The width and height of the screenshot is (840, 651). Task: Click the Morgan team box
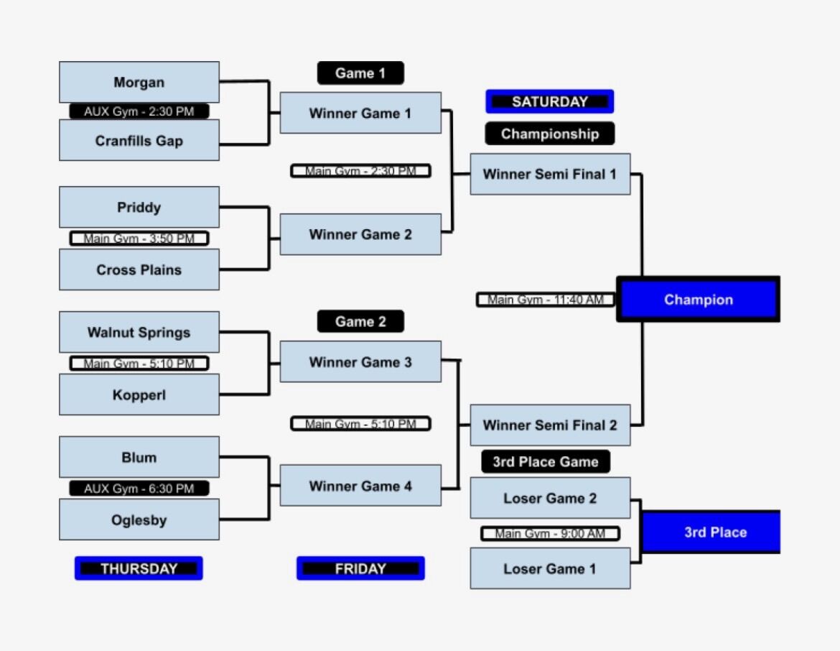pos(139,82)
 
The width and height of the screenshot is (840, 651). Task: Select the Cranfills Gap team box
pos(139,140)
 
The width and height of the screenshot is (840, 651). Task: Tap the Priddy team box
pos(139,207)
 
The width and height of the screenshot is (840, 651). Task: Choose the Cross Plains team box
pos(139,269)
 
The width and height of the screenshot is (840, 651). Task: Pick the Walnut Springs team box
pos(139,332)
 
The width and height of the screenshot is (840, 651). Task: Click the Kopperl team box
pos(139,394)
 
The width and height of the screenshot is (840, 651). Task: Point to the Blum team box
pos(139,457)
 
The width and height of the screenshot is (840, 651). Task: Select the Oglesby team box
pos(139,520)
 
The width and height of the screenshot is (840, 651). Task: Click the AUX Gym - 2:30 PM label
pos(139,111)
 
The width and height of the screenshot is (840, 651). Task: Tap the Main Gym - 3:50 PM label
pos(139,238)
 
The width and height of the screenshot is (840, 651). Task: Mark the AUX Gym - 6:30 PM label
pos(139,489)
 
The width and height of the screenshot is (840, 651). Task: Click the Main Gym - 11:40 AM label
pos(546,299)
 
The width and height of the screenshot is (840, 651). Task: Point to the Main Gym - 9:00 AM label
pos(550,533)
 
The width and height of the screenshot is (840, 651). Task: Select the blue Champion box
pos(698,300)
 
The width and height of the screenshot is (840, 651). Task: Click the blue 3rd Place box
pos(710,532)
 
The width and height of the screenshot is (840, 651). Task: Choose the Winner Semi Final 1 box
pos(550,174)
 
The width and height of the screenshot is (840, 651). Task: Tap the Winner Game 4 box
pos(360,486)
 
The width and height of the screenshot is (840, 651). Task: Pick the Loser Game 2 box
pos(550,498)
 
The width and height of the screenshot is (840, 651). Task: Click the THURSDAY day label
pos(139,568)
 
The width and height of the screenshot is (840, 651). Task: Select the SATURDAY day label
pos(549,101)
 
